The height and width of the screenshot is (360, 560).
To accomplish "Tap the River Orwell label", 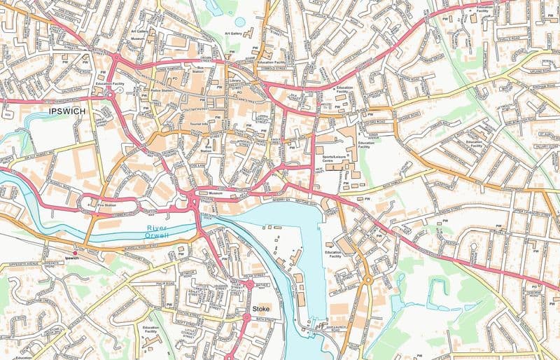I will click(x=160, y=232).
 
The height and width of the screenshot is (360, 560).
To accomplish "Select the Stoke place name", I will click(x=258, y=308).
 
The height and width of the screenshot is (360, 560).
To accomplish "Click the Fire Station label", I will click(x=106, y=205).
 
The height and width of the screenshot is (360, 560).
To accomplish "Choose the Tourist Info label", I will click(x=199, y=124).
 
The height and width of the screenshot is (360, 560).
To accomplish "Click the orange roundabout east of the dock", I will click(x=367, y=279).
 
